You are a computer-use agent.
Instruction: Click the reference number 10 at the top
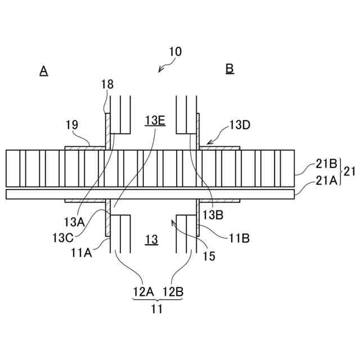[174, 51]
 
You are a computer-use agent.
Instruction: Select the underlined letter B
[229, 69]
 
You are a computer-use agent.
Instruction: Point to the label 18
[107, 84]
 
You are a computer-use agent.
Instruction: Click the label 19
[71, 124]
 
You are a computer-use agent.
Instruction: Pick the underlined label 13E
[154, 120]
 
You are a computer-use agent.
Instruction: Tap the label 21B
[325, 164]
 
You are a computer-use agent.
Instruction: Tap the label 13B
[213, 215]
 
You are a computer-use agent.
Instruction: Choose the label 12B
[173, 292]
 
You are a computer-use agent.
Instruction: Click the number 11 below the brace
[157, 308]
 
